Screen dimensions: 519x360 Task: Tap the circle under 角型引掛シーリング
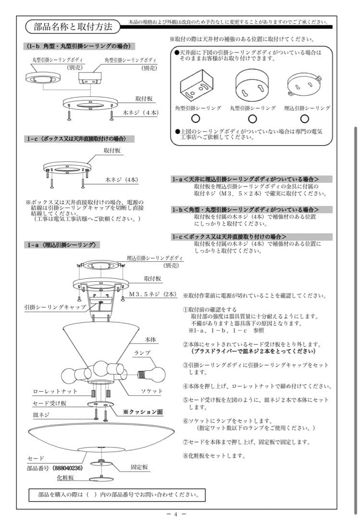196,118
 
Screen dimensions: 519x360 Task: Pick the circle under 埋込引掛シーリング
304,118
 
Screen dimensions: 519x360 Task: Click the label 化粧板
65,478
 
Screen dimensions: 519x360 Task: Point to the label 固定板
139,467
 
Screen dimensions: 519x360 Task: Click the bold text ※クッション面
143,412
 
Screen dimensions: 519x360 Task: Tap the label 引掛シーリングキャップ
55,307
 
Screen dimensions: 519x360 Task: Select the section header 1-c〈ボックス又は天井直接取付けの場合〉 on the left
79,139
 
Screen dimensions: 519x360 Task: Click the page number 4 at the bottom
175,514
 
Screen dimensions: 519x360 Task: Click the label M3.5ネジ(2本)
153,293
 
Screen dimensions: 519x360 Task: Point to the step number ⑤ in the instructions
186,400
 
